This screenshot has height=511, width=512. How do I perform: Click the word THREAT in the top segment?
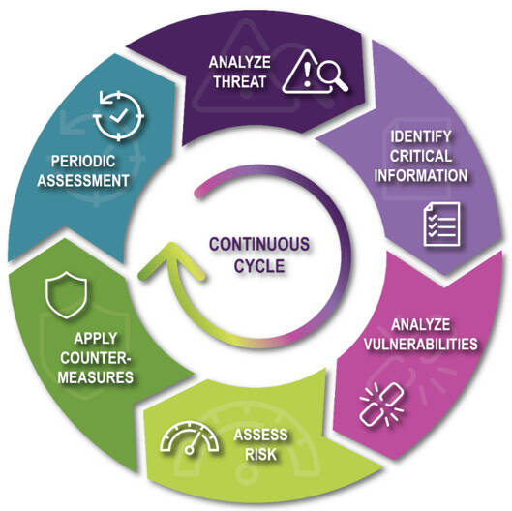pyautogui.click(x=239, y=81)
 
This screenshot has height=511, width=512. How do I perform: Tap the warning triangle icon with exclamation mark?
pyautogui.click(x=302, y=72)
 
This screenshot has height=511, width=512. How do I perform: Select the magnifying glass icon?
pyautogui.click(x=332, y=76)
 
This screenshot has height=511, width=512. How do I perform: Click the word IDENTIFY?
pyautogui.click(x=421, y=136)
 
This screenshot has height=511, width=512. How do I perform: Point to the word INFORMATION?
pyautogui.click(x=421, y=175)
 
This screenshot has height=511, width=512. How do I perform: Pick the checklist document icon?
pyautogui.click(x=441, y=224)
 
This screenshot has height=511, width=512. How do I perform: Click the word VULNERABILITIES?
pyautogui.click(x=421, y=344)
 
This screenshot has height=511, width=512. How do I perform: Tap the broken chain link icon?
pyautogui.click(x=381, y=405)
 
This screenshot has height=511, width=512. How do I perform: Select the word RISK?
pyautogui.click(x=260, y=454)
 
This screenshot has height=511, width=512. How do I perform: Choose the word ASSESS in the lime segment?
pyautogui.click(x=260, y=435)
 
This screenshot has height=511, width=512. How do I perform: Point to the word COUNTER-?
pyautogui.click(x=96, y=358)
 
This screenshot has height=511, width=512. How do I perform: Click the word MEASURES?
pyautogui.click(x=96, y=377)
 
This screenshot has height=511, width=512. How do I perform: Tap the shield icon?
pyautogui.click(x=66, y=295)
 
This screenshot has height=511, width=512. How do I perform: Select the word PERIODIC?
pyautogui.click(x=83, y=162)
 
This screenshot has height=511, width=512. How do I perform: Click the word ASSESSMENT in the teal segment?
pyautogui.click(x=83, y=181)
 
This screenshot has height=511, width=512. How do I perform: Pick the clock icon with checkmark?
pyautogui.click(x=118, y=115)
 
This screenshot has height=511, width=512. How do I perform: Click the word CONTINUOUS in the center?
pyautogui.click(x=259, y=244)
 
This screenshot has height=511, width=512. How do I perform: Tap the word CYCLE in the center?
pyautogui.click(x=259, y=266)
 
